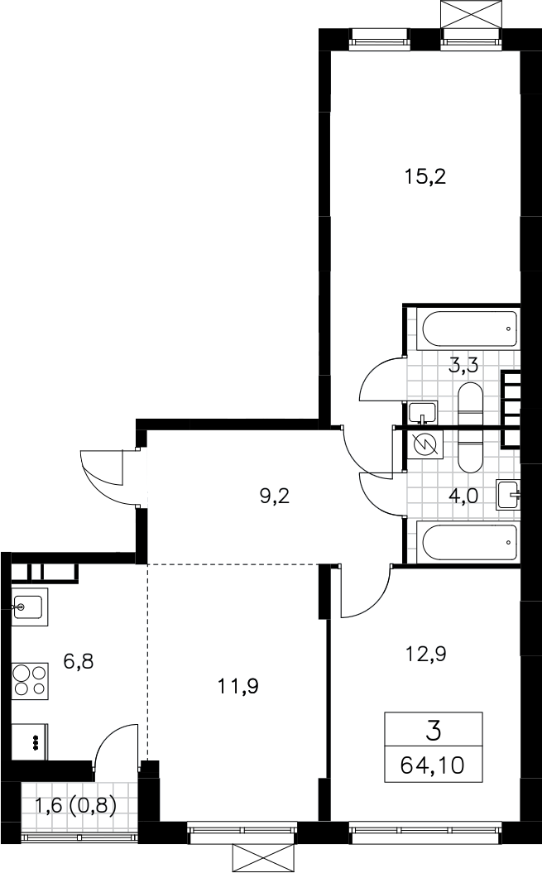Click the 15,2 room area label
pos(425,177)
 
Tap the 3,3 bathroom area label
pos(464,366)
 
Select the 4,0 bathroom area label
pos(463,495)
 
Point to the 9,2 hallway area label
pos(276,495)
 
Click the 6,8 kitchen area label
pos(78,661)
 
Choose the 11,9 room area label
pos(238,686)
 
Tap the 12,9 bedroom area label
pos(425,653)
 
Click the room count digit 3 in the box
pos(433,730)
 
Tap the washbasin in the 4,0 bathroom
pos(508,495)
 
